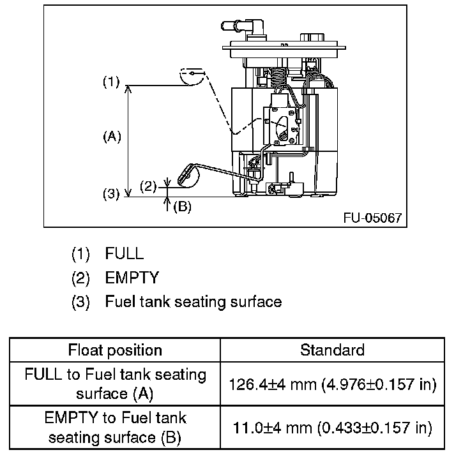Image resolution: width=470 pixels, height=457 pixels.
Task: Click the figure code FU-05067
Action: click(x=372, y=218)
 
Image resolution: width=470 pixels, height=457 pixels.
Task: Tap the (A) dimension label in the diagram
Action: click(x=112, y=137)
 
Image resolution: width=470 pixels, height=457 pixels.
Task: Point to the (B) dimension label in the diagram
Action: click(x=182, y=206)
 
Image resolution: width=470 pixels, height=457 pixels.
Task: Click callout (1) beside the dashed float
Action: click(x=111, y=82)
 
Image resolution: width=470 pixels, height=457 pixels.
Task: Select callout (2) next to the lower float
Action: click(x=148, y=187)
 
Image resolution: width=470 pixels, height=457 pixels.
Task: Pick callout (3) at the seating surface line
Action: click(x=111, y=194)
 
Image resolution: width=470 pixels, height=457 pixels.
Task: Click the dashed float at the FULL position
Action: click(x=192, y=77)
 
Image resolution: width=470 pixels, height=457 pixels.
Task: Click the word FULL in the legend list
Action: click(x=125, y=253)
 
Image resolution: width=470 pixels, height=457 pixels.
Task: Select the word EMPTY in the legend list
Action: click(x=132, y=278)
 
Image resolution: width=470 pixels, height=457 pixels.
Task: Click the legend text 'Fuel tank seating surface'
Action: click(x=193, y=301)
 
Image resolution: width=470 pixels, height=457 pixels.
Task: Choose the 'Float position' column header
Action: click(x=115, y=350)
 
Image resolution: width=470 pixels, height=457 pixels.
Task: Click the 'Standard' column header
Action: click(x=333, y=350)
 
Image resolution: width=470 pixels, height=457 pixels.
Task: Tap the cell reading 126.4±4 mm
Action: click(x=333, y=384)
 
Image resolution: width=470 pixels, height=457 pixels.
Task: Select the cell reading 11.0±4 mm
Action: click(x=333, y=428)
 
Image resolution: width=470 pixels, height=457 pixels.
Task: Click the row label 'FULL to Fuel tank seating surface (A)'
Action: click(x=115, y=384)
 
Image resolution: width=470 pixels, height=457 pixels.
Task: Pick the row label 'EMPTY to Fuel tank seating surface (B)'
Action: click(x=115, y=428)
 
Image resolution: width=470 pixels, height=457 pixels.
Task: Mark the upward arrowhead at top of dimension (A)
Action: click(x=128, y=89)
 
